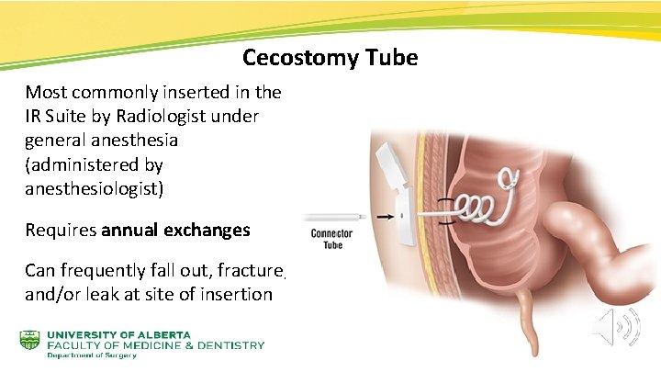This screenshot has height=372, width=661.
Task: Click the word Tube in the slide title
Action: coord(392,59)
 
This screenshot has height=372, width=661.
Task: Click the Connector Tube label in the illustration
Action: coord(331,240)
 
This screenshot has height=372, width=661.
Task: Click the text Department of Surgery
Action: coord(92,356)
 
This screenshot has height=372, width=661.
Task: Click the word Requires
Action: coord(60,231)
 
